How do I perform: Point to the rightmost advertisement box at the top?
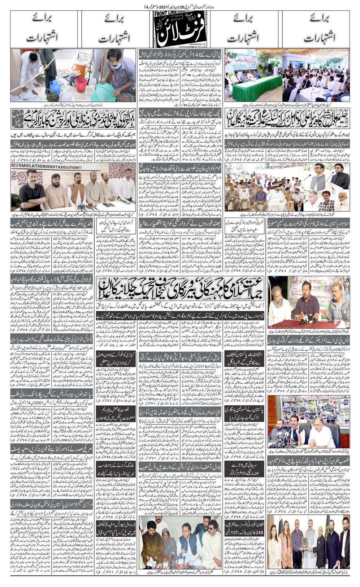click(318, 31)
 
